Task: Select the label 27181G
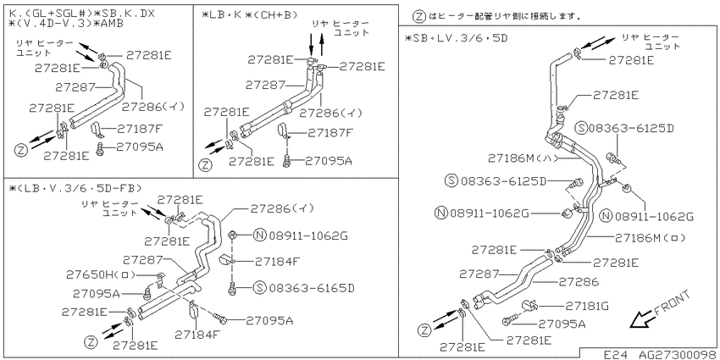point(587,306)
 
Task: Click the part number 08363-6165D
point(312,288)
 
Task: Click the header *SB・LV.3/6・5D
point(457,37)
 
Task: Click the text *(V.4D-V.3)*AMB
point(66,24)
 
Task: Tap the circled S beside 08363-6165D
point(259,288)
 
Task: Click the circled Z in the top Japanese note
point(418,18)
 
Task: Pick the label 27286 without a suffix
point(579,281)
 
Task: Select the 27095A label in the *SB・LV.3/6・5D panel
point(562,324)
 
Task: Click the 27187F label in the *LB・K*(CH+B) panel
point(330,133)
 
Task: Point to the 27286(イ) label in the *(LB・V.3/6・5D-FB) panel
point(282,208)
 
